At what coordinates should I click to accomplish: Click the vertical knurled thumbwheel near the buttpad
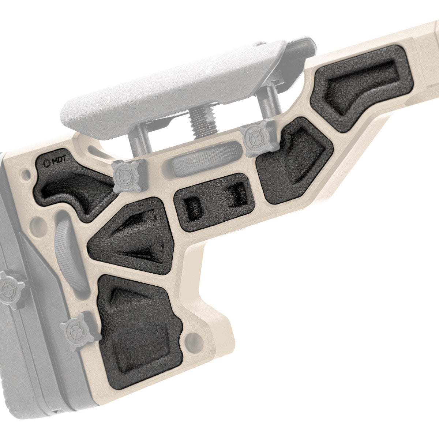click(x=69, y=252)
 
